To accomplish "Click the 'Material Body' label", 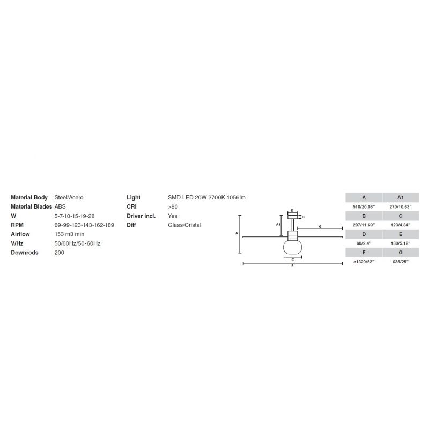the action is tap(29, 197).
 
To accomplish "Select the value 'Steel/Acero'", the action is tap(69, 197).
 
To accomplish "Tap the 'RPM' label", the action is tap(17, 225).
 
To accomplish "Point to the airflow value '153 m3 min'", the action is tap(70, 234).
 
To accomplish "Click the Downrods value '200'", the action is tap(60, 253).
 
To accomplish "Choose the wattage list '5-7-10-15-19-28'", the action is tap(75, 216).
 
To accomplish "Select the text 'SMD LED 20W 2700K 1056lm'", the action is tap(206, 197).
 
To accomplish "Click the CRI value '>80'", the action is tap(173, 206).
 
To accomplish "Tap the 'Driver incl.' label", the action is tap(141, 216).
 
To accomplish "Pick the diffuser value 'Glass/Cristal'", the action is tap(184, 225).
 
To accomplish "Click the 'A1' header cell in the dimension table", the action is tap(401, 197).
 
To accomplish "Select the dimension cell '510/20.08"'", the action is tap(364, 207).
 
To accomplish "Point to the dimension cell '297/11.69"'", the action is tap(364, 225).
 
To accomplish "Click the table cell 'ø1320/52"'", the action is tap(364, 262).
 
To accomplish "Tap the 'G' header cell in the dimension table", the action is tap(401, 253).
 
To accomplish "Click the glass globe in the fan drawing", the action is tap(292, 247).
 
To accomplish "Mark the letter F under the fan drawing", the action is tap(292, 266).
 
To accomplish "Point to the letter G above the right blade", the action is tap(320, 226).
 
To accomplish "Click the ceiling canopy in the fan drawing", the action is tap(292, 217).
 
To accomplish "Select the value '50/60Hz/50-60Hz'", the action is tap(77, 243).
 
